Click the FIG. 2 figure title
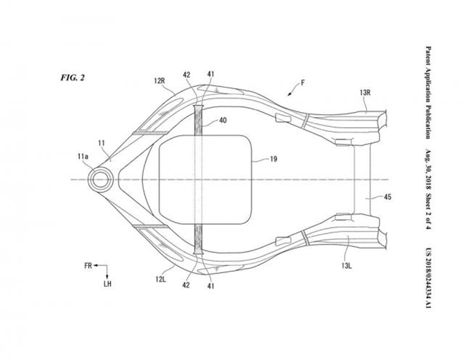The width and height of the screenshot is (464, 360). (x=72, y=78)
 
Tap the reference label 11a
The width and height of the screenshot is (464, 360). (x=83, y=157)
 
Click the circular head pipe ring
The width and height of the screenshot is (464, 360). (x=100, y=179)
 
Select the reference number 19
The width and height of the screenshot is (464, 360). (x=274, y=159)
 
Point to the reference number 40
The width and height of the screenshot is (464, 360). (x=223, y=120)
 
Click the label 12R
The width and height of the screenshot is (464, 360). (x=159, y=81)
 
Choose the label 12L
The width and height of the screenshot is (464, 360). (x=161, y=279)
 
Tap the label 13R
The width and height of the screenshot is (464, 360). (x=365, y=93)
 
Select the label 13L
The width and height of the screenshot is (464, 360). (x=346, y=266)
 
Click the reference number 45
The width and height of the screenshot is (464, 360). (x=387, y=197)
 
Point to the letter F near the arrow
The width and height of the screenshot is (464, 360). (x=303, y=83)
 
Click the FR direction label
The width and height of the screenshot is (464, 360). (x=88, y=266)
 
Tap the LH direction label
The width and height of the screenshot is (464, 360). (x=107, y=283)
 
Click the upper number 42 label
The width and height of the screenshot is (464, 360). (x=186, y=75)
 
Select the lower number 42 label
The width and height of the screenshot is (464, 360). (x=186, y=285)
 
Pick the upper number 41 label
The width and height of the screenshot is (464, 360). (x=211, y=74)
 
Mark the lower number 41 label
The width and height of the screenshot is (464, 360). (x=211, y=286)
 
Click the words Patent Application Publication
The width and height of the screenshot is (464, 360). (x=428, y=92)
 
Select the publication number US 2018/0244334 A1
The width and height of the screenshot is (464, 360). (x=428, y=278)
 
